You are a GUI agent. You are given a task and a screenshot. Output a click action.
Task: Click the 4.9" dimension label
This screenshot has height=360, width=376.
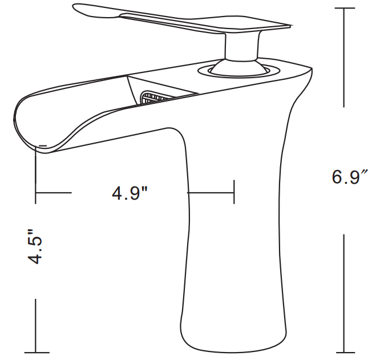tap(130, 193)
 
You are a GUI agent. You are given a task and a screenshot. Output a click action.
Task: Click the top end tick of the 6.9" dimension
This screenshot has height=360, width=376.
tap(344, 8)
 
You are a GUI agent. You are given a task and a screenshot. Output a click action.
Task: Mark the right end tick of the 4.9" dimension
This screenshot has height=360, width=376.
tap(234, 192)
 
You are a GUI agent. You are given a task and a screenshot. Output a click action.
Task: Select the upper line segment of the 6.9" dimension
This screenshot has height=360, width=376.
tap(344, 57)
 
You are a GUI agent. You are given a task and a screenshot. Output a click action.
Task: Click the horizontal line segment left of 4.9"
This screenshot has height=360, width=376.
tap(54, 193)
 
